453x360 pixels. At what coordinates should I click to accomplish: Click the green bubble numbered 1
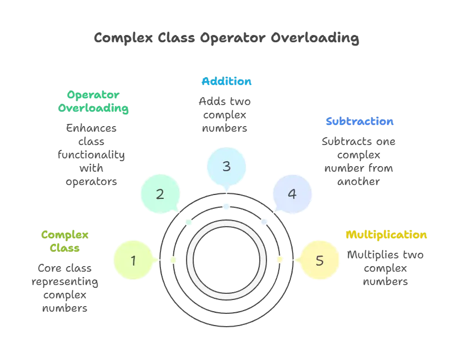click(133, 260)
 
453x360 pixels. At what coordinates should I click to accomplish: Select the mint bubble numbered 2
click(160, 194)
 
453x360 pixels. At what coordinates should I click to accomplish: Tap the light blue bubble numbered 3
click(226, 166)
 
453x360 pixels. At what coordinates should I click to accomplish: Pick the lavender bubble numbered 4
click(292, 194)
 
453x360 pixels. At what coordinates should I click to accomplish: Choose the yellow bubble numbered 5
click(319, 260)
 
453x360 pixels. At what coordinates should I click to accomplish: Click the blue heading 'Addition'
click(226, 82)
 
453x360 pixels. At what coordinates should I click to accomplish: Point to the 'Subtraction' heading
click(360, 121)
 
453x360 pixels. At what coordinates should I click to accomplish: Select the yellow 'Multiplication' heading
click(386, 234)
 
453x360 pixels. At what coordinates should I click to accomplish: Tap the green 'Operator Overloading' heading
click(93, 102)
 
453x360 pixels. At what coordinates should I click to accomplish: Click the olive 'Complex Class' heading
click(65, 241)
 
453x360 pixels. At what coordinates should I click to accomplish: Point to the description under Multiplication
click(386, 269)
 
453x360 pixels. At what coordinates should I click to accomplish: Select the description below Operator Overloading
click(93, 154)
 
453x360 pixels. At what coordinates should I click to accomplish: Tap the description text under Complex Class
click(65, 288)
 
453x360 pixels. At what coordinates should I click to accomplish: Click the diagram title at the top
click(226, 38)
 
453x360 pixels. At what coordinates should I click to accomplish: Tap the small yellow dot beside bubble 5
click(280, 259)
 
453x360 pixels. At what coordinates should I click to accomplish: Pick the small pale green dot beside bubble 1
click(173, 259)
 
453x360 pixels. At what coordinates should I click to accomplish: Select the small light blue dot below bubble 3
click(226, 206)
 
